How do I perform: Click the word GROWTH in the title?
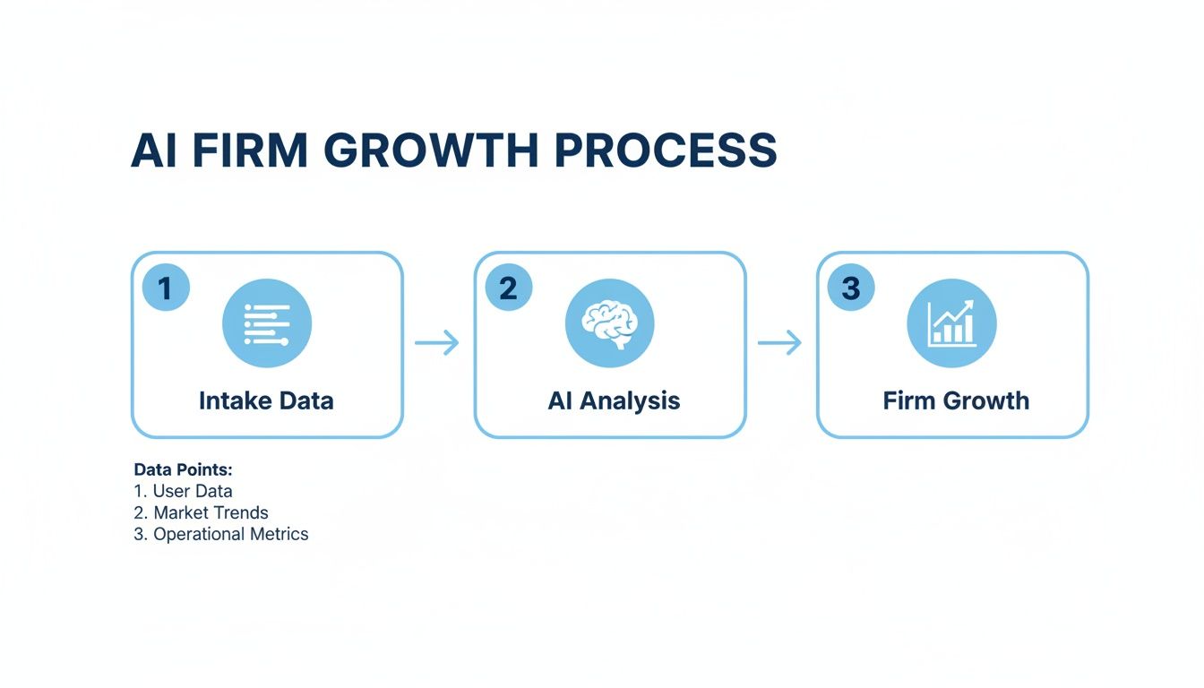pos(430,150)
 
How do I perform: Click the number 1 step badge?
pos(166,288)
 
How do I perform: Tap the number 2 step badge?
pos(508,288)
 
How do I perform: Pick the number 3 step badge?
pos(851,288)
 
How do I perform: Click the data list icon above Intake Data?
pos(267,323)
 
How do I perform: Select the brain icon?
pos(609,323)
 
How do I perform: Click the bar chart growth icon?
pos(951,323)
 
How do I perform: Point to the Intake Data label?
pos(266,400)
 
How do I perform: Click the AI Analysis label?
pos(614,400)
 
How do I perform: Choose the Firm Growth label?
pos(956,400)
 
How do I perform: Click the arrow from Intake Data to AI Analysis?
pos(437,342)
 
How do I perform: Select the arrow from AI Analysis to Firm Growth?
pos(779,342)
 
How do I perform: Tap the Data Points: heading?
pos(183,469)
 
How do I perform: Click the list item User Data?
pos(192,491)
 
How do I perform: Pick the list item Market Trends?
pos(211,512)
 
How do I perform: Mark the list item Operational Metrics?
pos(230,534)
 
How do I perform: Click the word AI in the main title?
pos(154,150)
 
